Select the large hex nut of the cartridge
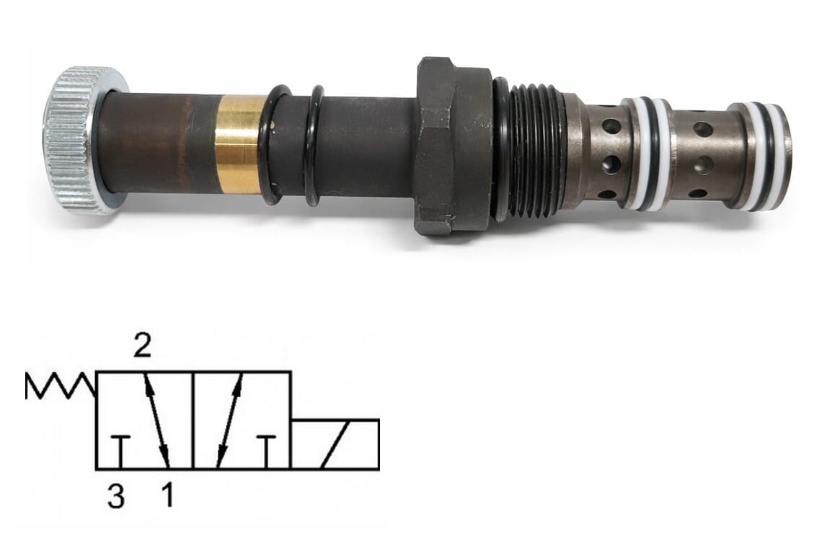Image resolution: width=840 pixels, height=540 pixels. tap(454, 146)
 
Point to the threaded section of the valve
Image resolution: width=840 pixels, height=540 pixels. tap(536, 151)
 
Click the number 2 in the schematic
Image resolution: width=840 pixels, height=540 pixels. tap(143, 346)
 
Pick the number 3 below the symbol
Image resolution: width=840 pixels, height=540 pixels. tap(115, 495)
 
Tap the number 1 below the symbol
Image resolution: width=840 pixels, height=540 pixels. tap(168, 495)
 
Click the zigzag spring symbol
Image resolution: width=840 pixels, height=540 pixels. tap(61, 386)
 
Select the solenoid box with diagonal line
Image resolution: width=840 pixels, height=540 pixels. tap(335, 445)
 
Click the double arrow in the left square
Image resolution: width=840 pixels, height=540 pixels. tap(157, 420)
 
